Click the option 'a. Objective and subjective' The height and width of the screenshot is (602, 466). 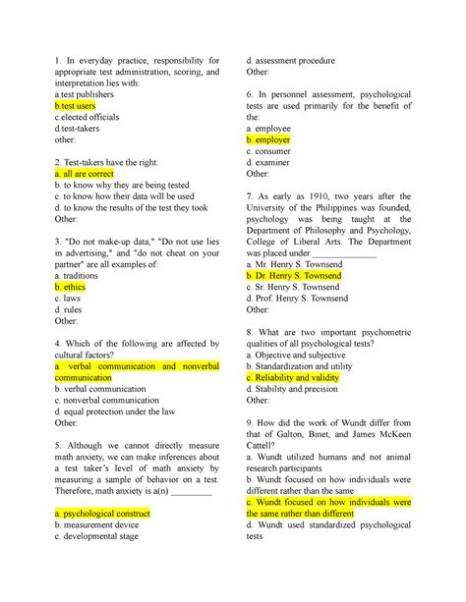307,348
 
